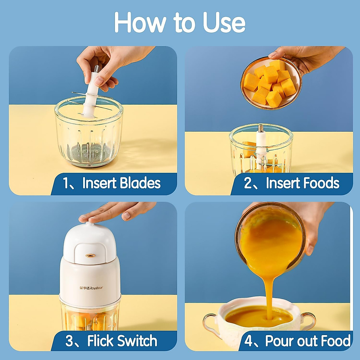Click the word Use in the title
224,23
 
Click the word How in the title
140,23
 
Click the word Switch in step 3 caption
137,341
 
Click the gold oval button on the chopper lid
90,256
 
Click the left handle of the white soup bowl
210,321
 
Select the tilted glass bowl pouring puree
270,237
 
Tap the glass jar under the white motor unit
90,315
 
